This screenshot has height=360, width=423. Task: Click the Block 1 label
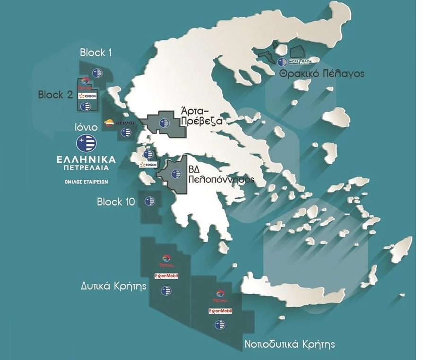pos(95,53)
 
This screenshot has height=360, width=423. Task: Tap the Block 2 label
pos(55,95)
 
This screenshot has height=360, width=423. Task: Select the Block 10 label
pos(116,202)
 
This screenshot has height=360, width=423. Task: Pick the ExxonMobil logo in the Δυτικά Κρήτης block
pos(166,276)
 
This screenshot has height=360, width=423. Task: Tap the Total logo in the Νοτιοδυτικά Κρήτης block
pos(220,296)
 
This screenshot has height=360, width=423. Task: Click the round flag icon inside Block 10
pos(150,202)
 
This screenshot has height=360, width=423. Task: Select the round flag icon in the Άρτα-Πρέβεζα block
pos(164,123)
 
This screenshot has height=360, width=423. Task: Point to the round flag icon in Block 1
pos(98,73)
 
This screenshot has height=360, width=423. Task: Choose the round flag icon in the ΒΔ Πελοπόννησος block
pos(176,174)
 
